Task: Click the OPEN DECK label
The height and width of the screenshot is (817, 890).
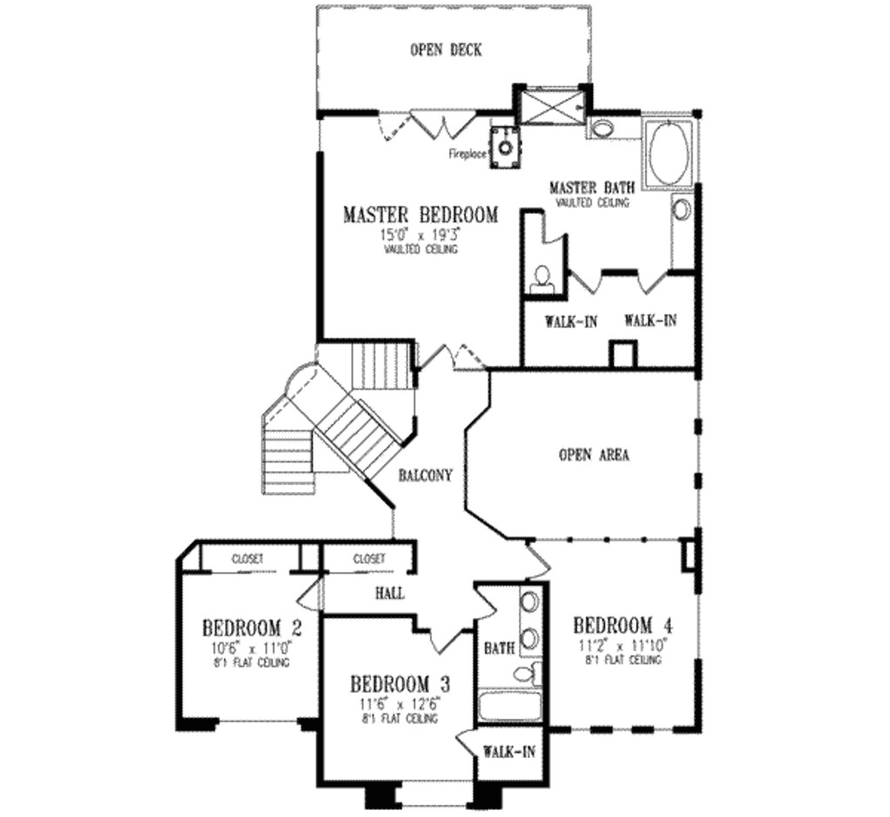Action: coord(445,50)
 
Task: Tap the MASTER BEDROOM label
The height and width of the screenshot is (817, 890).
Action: coord(421,215)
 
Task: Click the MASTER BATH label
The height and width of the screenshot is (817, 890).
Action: coord(592,188)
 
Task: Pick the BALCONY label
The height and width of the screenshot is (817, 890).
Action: coord(425,475)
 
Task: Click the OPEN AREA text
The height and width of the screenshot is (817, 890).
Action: coord(594,455)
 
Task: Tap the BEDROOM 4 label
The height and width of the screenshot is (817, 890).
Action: coord(623,625)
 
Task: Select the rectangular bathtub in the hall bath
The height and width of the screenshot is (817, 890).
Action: coord(509,705)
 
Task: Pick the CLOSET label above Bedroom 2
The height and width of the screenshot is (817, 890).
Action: coord(248,559)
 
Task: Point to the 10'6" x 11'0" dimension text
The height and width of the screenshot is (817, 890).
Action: coord(242,648)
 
